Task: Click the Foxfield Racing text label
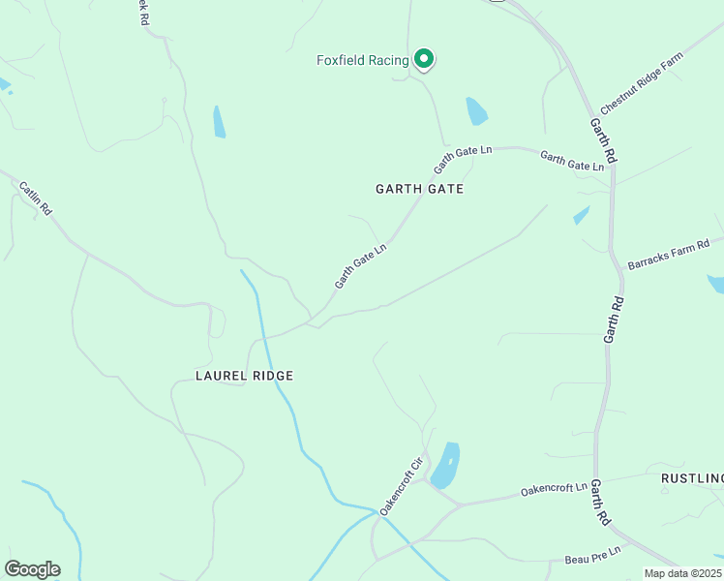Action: [x=363, y=60]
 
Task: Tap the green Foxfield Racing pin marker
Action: [x=423, y=59]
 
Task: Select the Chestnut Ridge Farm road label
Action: [x=641, y=81]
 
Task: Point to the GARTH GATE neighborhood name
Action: [x=419, y=189]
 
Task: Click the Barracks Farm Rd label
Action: [x=669, y=255]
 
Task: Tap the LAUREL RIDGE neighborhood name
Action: [x=244, y=375]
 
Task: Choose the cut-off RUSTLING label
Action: [x=691, y=478]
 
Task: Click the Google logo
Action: [x=32, y=569]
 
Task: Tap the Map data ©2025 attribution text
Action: [x=683, y=573]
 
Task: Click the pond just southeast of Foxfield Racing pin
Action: [x=476, y=111]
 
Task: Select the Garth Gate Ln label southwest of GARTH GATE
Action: [x=361, y=264]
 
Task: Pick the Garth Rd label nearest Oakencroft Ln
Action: [x=600, y=502]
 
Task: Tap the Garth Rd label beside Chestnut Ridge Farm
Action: [x=603, y=139]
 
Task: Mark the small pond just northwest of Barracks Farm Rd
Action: [x=581, y=215]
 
